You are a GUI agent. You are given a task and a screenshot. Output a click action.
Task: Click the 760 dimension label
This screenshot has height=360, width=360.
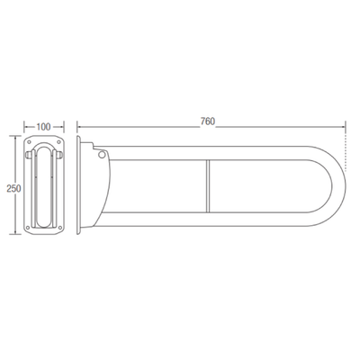coord(208,121)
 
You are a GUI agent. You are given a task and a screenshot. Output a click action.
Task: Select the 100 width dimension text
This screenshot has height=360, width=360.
coord(43,127)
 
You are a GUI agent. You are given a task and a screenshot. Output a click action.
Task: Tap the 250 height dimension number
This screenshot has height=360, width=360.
coord(13,188)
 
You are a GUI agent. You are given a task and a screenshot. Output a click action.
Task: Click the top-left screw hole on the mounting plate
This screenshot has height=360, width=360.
coord(29,141)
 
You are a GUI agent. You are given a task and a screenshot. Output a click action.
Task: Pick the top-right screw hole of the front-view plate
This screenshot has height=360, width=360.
coord(58,141)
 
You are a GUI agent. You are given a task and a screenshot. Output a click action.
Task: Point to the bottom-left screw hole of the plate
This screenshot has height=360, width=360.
coord(28,228)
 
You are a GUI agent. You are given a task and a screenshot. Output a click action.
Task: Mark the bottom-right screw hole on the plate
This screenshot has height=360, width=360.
coord(59,228)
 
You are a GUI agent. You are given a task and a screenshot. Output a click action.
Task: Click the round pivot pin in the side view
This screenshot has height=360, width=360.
coord(102,155)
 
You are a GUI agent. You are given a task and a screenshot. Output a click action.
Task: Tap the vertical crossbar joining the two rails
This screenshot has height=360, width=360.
coord(208,186)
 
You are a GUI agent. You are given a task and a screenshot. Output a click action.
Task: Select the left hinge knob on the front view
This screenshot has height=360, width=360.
coord(27,155)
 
